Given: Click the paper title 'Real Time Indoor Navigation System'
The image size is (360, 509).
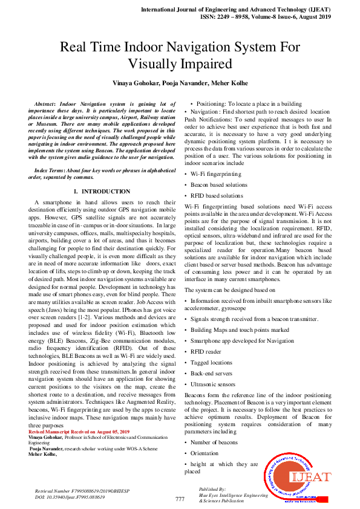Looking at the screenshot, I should pos(180,48).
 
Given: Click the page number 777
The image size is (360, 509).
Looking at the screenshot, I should pos(180,499).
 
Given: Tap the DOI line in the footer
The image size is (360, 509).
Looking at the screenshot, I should pos(68,497).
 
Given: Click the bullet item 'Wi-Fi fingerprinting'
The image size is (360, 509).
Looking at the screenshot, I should pos(215,174).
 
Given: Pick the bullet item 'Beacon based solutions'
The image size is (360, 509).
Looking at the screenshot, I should pos(218,185).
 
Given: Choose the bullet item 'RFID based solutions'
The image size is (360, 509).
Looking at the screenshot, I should pos(217,196).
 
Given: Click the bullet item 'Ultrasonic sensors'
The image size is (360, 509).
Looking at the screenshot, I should pos(214,384).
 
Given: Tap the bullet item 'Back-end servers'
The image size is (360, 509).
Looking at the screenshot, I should pos(212,374).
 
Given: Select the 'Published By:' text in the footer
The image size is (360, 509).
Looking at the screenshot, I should pos(212,488).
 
